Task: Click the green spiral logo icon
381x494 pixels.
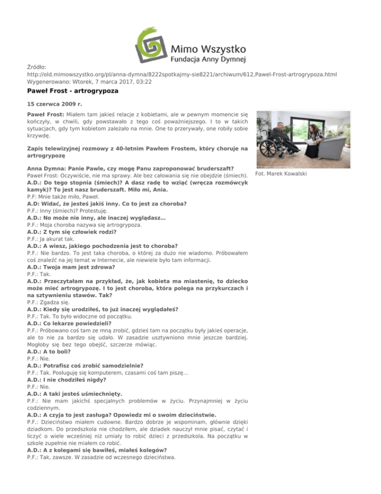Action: pyautogui.click(x=150, y=40)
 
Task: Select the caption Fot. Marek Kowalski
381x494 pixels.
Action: pyautogui.click(x=279, y=174)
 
